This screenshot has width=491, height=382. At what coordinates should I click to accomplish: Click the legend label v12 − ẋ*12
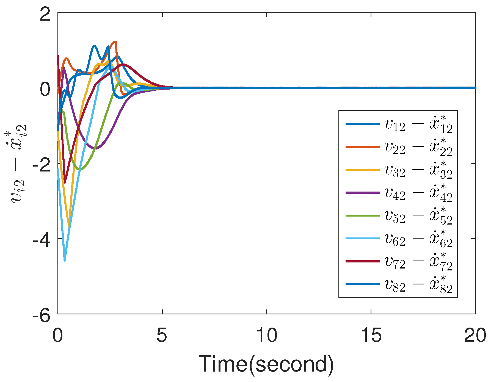tap(418, 124)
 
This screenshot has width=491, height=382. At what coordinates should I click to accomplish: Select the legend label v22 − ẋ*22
tap(418, 147)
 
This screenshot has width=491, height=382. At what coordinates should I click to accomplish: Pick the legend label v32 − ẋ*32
tap(418, 170)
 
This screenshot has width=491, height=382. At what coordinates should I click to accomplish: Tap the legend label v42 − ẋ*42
tap(418, 193)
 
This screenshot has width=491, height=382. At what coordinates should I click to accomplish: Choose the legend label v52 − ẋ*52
tap(418, 216)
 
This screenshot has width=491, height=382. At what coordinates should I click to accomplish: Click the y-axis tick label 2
tap(45, 14)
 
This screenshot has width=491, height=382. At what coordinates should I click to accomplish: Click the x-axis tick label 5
tap(162, 335)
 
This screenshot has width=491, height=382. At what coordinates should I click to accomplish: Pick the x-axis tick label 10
tap(267, 335)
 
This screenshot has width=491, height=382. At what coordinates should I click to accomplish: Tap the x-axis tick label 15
tap(371, 335)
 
